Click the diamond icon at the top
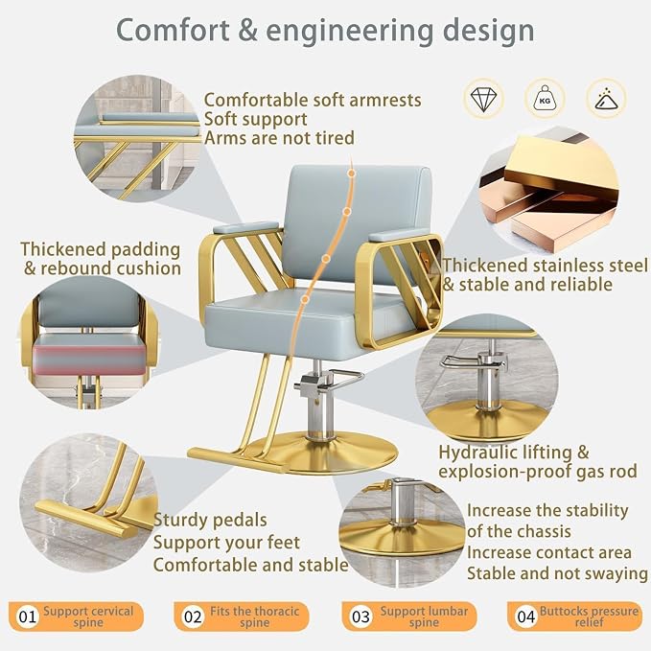483,99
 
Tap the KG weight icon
545,99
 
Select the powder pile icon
606,99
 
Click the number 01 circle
28,616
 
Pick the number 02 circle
193,616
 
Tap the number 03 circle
360,616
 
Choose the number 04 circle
526,616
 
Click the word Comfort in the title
173,30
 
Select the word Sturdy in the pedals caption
180,521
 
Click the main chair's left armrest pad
245,227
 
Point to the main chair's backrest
357,224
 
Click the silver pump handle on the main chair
332,379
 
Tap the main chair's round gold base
319,453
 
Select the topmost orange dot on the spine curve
351,174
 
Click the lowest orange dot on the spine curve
305,299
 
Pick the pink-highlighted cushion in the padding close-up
90,354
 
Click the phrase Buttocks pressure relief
589,616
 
